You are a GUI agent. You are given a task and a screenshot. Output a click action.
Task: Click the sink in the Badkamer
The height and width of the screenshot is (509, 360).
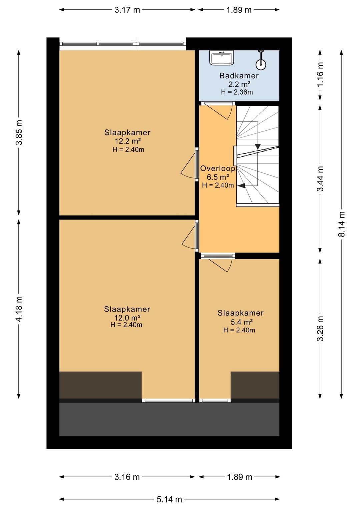click(221, 58)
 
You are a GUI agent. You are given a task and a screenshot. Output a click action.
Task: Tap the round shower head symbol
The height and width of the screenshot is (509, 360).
click(261, 64)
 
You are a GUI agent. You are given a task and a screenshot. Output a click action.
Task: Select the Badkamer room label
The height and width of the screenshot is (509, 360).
click(239, 76)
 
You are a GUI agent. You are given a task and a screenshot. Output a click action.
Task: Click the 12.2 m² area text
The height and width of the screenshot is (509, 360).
click(128, 141)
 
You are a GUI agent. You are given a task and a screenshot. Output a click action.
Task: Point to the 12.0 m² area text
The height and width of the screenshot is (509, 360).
click(127, 317)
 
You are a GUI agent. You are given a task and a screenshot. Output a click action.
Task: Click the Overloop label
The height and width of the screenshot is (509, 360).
click(218, 168)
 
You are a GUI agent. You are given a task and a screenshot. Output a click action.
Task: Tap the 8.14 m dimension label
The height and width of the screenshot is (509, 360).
click(342, 224)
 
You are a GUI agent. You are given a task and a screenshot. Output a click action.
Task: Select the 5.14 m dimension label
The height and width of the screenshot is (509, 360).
click(169, 499)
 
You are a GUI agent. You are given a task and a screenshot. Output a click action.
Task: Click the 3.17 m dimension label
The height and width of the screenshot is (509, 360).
click(127, 10)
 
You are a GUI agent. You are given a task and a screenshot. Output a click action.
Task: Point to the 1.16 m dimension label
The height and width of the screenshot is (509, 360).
click(320, 74)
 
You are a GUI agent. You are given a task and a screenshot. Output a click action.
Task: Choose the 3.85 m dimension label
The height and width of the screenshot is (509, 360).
click(19, 132)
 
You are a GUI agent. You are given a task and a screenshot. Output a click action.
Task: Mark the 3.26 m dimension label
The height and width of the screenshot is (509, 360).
click(320, 329)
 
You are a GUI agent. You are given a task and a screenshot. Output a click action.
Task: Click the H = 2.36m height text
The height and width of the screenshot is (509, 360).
click(237, 92)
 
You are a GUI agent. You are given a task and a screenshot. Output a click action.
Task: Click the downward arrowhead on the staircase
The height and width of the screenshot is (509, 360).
click(258, 146)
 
